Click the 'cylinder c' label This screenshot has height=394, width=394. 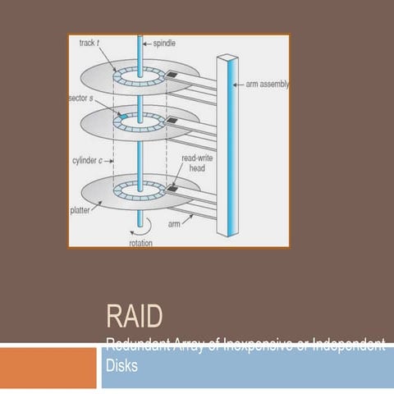pyautogui.click(x=89, y=161)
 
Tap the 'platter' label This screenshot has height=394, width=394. pyautogui.click(x=81, y=211)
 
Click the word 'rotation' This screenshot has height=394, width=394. pyautogui.click(x=141, y=242)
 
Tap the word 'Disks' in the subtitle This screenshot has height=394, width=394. pyautogui.click(x=121, y=366)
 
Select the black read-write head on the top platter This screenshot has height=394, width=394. pyautogui.click(x=172, y=75)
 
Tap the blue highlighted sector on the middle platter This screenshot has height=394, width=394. pyautogui.click(x=122, y=120)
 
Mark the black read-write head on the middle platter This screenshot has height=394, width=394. pyautogui.click(x=172, y=121)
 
